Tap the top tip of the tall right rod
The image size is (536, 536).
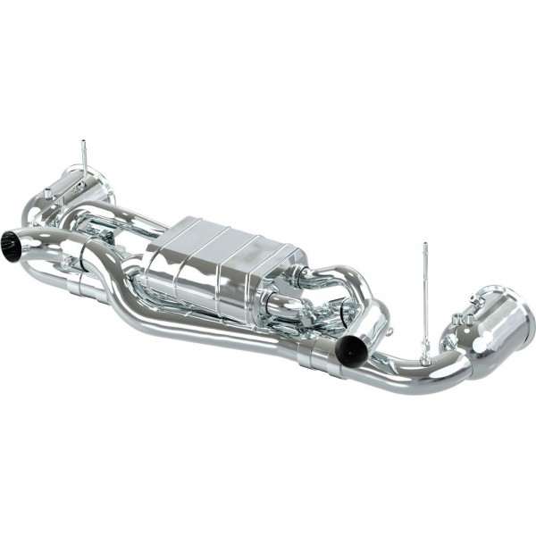(425, 245)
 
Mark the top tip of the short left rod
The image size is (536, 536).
(84, 142)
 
